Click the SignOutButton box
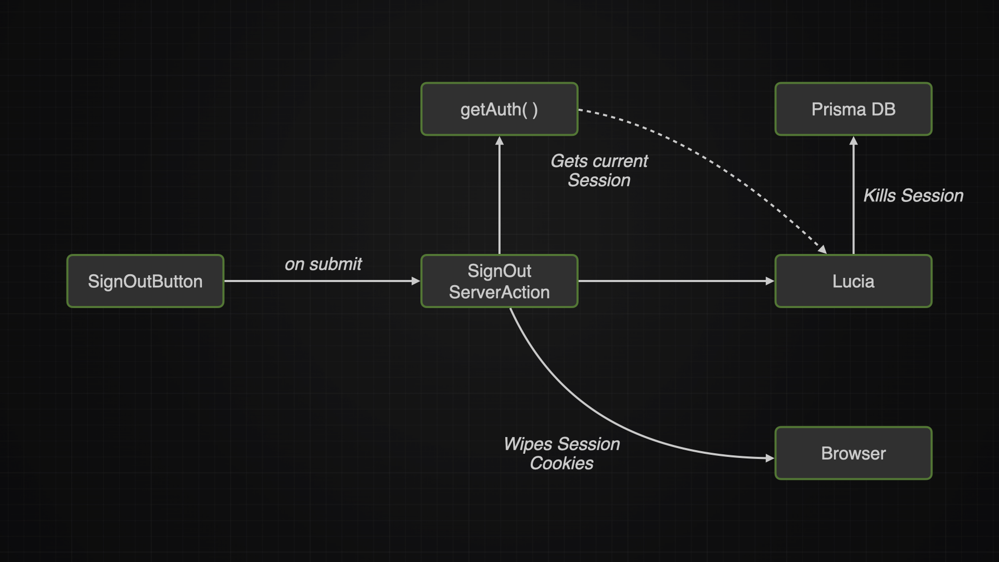[145, 281]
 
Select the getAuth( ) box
[499, 109]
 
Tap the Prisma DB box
[853, 109]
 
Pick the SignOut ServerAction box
[499, 281]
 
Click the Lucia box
[853, 281]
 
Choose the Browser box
[853, 453]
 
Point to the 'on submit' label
[323, 264]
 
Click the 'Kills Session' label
[913, 196]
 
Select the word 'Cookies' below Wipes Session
[561, 463]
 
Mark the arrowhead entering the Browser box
[770, 458]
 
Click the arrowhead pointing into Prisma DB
[853, 140]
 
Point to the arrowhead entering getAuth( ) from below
[499, 140]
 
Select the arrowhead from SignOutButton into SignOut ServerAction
[416, 281]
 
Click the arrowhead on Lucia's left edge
[770, 281]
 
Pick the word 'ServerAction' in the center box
[499, 292]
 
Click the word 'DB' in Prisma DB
[883, 109]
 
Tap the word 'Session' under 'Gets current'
[599, 181]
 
